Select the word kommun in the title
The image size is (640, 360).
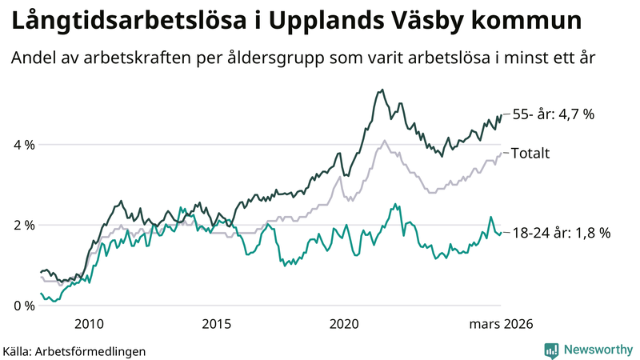(x=533, y=22)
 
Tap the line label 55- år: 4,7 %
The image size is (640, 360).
(x=553, y=114)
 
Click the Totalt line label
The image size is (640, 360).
(x=530, y=153)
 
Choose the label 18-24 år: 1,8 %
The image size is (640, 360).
(x=561, y=233)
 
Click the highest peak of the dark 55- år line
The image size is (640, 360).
(x=382, y=90)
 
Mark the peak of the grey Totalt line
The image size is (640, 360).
(x=386, y=141)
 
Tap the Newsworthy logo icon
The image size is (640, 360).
(x=551, y=350)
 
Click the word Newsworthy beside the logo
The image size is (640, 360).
(x=598, y=350)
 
